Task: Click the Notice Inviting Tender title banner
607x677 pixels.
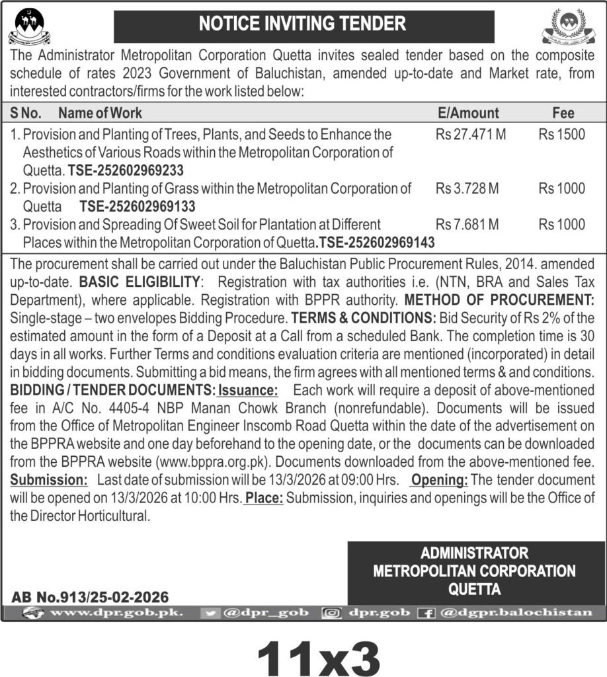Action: (303, 25)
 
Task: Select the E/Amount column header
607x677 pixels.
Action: (468, 113)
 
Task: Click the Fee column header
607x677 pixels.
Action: (563, 113)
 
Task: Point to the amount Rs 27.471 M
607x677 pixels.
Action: (471, 135)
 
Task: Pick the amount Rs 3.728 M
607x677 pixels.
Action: (467, 189)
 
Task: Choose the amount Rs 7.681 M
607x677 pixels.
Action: (467, 225)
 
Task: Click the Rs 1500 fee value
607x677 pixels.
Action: (561, 135)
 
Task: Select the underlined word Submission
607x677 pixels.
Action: (48, 479)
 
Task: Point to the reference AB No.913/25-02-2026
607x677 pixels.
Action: (90, 597)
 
